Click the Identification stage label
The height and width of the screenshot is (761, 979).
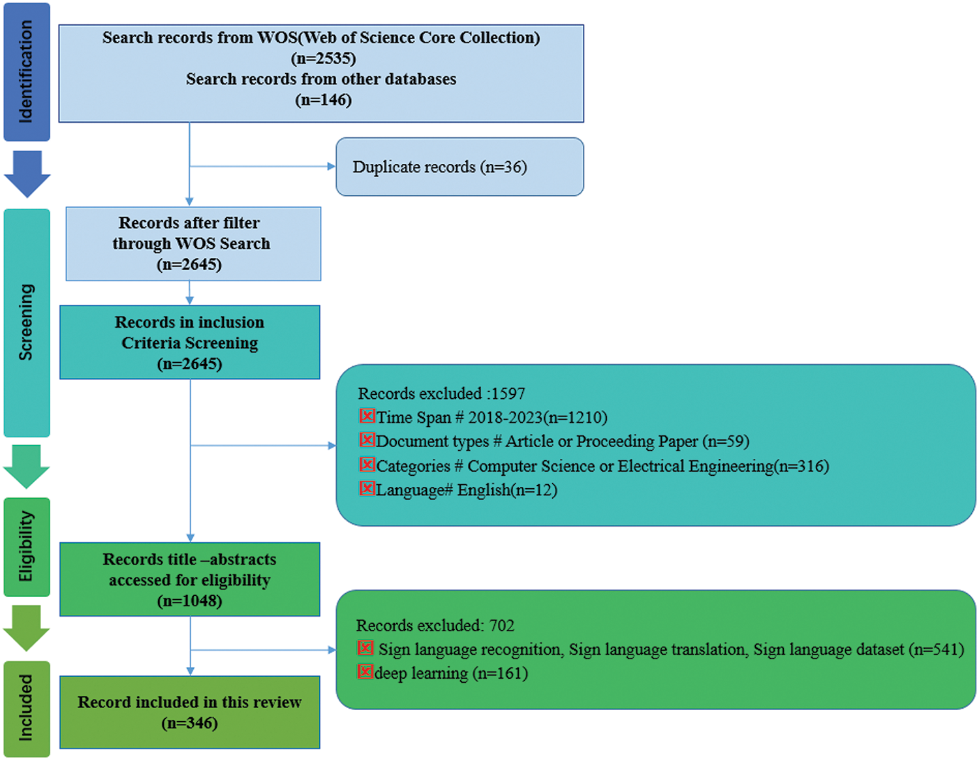(x=26, y=72)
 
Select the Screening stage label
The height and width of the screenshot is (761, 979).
(x=26, y=322)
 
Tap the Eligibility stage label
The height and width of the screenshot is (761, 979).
(x=26, y=547)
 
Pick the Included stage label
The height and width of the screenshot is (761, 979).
(x=26, y=709)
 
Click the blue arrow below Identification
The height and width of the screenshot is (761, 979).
(x=27, y=173)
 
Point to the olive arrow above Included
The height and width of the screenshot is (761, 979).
(x=27, y=627)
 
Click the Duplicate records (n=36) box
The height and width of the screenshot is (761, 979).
(x=459, y=167)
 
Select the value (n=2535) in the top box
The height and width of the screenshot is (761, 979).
(x=323, y=58)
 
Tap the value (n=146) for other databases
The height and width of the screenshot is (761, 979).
(x=323, y=100)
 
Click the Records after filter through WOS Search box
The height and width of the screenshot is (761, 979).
(x=193, y=244)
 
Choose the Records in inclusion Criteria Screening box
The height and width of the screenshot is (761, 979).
(x=190, y=343)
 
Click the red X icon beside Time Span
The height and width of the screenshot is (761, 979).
(x=367, y=416)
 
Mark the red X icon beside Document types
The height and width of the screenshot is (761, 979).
(x=367, y=440)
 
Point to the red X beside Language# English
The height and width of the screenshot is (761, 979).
(x=367, y=488)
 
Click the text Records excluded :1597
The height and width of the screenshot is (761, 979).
(x=441, y=394)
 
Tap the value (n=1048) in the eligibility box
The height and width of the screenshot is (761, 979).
(x=190, y=600)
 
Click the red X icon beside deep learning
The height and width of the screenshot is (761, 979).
(x=365, y=672)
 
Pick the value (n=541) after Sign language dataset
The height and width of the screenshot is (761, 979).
(x=936, y=649)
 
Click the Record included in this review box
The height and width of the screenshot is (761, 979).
(x=190, y=712)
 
